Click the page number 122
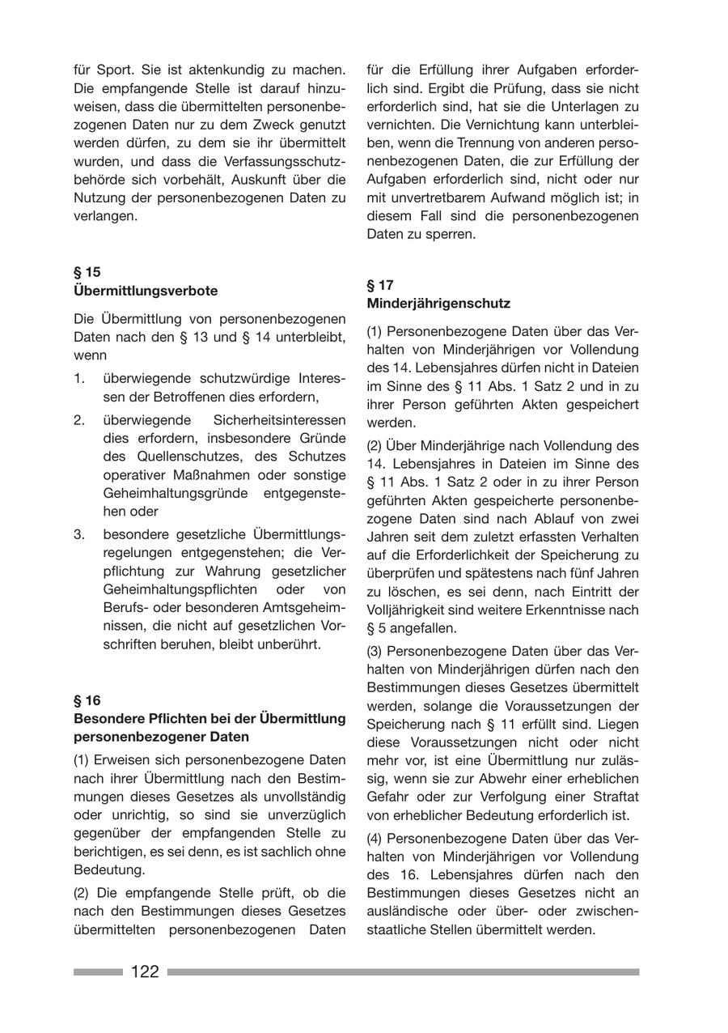pyautogui.click(x=145, y=971)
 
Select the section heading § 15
pyautogui.click(x=87, y=272)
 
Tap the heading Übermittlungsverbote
pyautogui.click(x=146, y=291)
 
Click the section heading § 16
pyautogui.click(x=87, y=700)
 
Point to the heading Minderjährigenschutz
pyautogui.click(x=438, y=304)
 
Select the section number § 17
pyautogui.click(x=380, y=285)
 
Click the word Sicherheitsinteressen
pyautogui.click(x=280, y=420)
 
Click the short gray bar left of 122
pyautogui.click(x=98, y=971)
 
